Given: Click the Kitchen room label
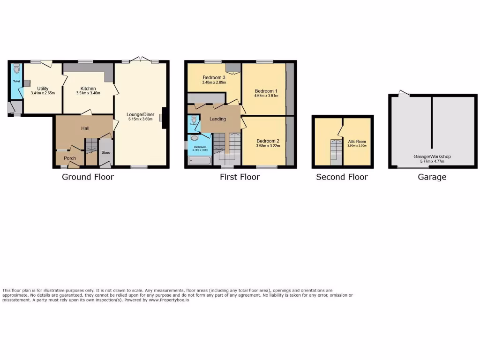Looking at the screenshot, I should [88, 89].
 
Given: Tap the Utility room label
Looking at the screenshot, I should [43, 89].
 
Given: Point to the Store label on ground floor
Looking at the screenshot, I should [106, 152].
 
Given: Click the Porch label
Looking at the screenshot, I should [70, 158].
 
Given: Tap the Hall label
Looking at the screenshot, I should [85, 128].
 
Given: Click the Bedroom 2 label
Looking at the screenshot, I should [268, 141].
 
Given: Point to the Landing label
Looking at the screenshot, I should [217, 119].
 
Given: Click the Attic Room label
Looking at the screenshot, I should [357, 141].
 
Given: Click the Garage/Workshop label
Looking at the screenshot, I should [432, 157].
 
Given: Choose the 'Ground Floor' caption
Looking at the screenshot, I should [88, 177].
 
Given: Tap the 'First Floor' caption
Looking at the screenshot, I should [240, 177].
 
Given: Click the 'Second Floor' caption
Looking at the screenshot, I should [342, 177].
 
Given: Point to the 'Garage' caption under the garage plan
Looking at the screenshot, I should [432, 177].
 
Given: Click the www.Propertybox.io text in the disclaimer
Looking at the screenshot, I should [169, 300].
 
